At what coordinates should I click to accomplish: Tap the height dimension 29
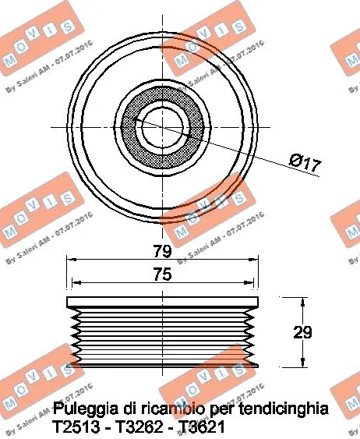303,331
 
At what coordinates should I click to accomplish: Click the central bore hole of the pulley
162,126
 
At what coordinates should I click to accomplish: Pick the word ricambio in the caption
167,408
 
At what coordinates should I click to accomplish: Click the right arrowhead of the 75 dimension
252,283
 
